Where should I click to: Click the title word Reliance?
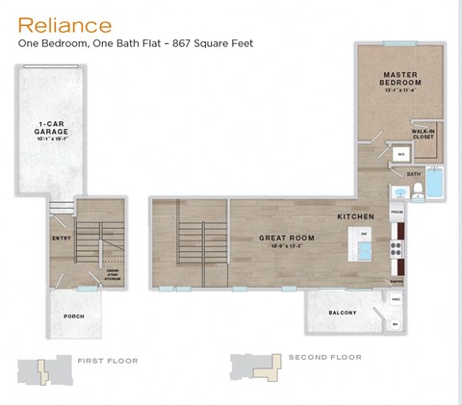[x=65, y=24]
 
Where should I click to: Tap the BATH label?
[x=413, y=173]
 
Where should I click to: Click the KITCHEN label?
[x=355, y=217]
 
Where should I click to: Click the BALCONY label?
[x=342, y=313]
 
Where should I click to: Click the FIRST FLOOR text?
[x=108, y=361]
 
